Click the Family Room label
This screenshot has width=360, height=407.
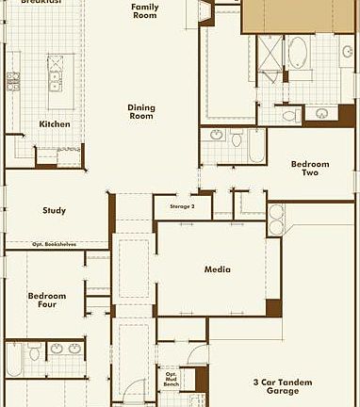point(144,10)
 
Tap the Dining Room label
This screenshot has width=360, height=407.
point(141,111)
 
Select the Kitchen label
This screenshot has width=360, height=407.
point(54,123)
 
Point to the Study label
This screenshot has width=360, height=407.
point(54,210)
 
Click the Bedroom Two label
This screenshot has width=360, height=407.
point(310,168)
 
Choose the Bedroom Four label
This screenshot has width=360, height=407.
point(46,299)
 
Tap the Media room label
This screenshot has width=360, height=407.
point(218,269)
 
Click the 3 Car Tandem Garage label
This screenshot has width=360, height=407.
point(282,386)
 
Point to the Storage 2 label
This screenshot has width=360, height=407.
point(182,205)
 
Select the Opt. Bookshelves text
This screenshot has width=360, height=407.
point(55,244)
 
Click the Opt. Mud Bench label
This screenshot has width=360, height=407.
point(171,378)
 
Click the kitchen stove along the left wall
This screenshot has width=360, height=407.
point(13,82)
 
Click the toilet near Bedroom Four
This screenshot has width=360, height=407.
point(35,354)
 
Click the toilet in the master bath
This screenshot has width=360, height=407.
point(289,115)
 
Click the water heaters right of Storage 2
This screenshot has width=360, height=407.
point(276,220)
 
